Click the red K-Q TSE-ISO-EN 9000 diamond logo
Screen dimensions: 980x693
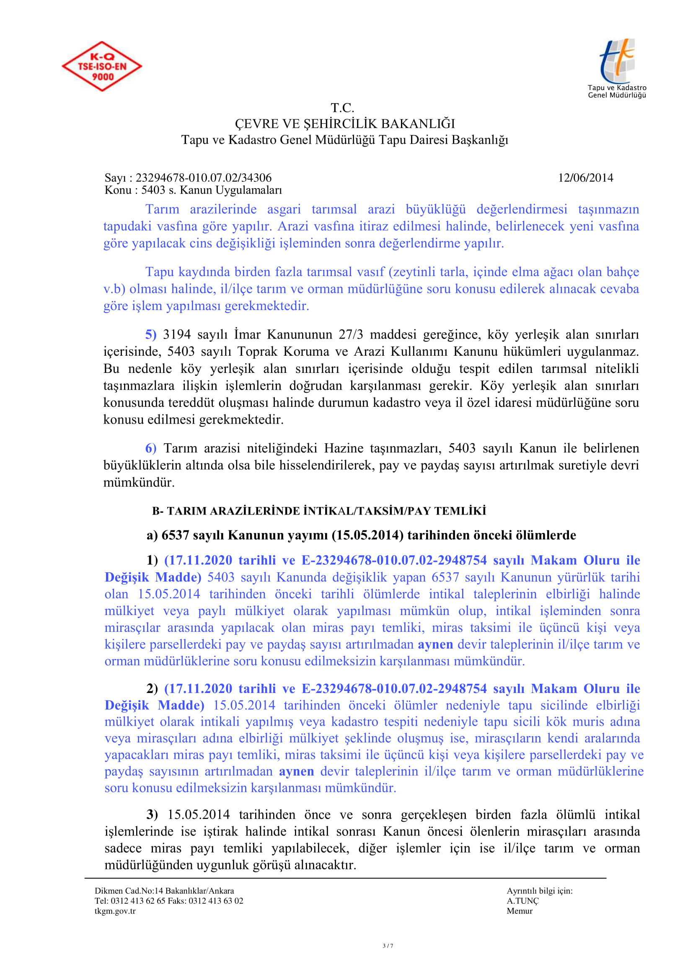coord(101,66)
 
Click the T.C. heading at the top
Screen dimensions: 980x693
coord(342,108)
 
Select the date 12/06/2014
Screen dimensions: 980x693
coord(585,178)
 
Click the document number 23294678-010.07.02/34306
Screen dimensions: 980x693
coord(203,178)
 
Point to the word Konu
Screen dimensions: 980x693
coord(116,190)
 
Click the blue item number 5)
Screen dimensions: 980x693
coord(151,335)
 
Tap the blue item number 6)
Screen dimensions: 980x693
coord(151,449)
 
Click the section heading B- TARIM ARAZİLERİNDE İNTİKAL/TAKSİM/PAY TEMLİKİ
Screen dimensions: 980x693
coord(319,511)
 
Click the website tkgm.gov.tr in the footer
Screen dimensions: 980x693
coord(115,911)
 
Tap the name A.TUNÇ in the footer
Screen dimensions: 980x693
coord(522,901)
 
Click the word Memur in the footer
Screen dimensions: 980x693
coord(519,911)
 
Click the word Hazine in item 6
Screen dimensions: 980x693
coord(343,449)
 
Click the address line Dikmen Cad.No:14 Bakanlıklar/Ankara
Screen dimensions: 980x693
coord(164,891)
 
